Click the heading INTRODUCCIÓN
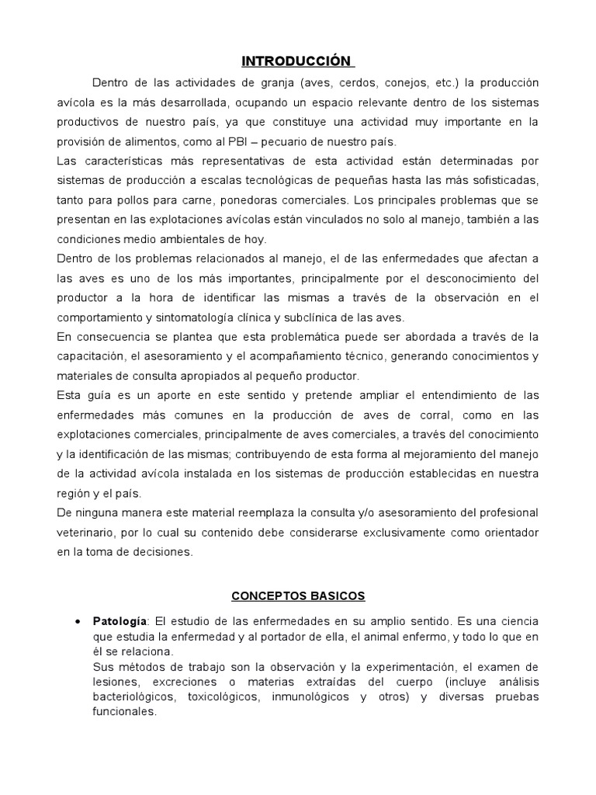(x=296, y=61)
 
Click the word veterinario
(x=87, y=533)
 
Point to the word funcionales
(x=124, y=711)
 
